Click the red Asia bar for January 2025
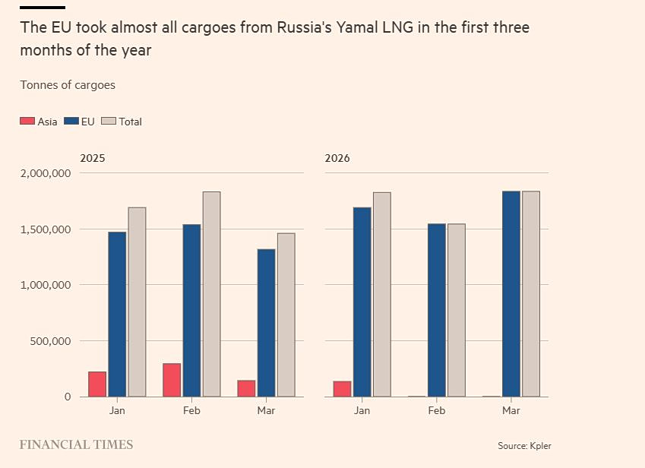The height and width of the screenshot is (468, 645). click(x=97, y=384)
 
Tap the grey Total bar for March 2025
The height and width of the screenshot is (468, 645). click(x=286, y=315)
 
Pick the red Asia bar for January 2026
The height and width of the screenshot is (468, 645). click(x=342, y=388)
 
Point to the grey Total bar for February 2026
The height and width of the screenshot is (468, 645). click(x=456, y=310)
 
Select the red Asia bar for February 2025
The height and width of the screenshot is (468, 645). click(x=172, y=380)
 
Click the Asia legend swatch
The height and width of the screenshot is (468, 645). click(x=27, y=122)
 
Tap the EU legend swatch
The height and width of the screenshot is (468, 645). click(x=71, y=122)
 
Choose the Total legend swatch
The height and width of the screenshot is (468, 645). click(x=108, y=122)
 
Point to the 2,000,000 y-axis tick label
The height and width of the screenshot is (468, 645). click(x=46, y=173)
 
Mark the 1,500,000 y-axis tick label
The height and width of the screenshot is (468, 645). click(x=46, y=229)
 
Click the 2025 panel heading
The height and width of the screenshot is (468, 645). click(x=93, y=159)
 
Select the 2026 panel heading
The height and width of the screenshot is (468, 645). click(x=337, y=159)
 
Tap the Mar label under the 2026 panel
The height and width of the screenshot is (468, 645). click(x=511, y=410)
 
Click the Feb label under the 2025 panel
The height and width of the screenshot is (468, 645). click(x=191, y=410)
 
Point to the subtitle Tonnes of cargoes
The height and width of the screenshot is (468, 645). click(x=68, y=85)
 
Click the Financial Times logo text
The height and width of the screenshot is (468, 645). click(x=76, y=444)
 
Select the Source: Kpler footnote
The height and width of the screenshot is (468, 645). click(x=524, y=446)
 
